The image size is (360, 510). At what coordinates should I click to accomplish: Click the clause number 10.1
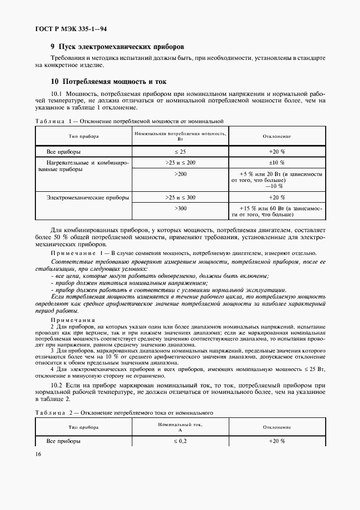[58, 93]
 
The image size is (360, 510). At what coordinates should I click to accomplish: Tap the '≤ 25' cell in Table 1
[180, 151]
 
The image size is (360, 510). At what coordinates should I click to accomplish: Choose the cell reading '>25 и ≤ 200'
[180, 162]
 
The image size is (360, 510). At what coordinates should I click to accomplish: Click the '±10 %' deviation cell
[277, 162]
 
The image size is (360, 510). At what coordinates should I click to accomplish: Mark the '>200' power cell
[180, 173]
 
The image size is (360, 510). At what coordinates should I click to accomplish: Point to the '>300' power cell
[180, 208]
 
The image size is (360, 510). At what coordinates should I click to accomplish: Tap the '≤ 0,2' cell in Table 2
[180, 441]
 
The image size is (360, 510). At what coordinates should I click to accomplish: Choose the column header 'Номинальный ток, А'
[180, 427]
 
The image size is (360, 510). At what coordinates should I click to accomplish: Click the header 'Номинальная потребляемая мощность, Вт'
[180, 135]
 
